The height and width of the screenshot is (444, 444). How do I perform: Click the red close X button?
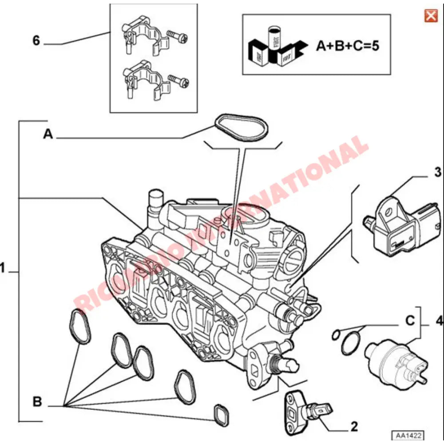tap(430, 16)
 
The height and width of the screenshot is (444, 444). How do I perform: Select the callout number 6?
tap(36, 41)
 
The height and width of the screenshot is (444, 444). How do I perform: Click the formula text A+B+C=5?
tap(348, 46)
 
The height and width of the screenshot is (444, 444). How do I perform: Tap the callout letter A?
tap(48, 134)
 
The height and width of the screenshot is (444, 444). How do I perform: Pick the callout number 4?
tap(439, 320)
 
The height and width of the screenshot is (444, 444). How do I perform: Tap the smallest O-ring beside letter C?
tap(337, 333)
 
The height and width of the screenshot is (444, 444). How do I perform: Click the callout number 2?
tap(354, 427)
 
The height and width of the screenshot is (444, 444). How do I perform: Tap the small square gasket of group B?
tap(221, 414)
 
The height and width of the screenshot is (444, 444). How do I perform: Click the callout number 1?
tap(3, 268)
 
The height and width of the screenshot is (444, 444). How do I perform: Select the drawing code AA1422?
tap(406, 435)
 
